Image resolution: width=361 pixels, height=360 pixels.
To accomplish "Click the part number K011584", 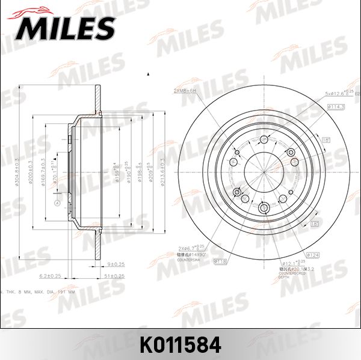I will pos(180,345).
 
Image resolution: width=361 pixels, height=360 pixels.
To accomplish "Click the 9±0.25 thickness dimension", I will pos(116,264).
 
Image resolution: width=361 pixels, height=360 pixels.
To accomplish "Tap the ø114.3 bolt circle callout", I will pos(336,106).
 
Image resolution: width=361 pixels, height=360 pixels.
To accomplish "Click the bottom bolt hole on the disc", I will pos(265,209).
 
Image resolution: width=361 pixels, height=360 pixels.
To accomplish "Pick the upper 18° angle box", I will pos(327,139).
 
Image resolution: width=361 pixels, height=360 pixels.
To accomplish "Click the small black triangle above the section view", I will pos(148,74).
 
